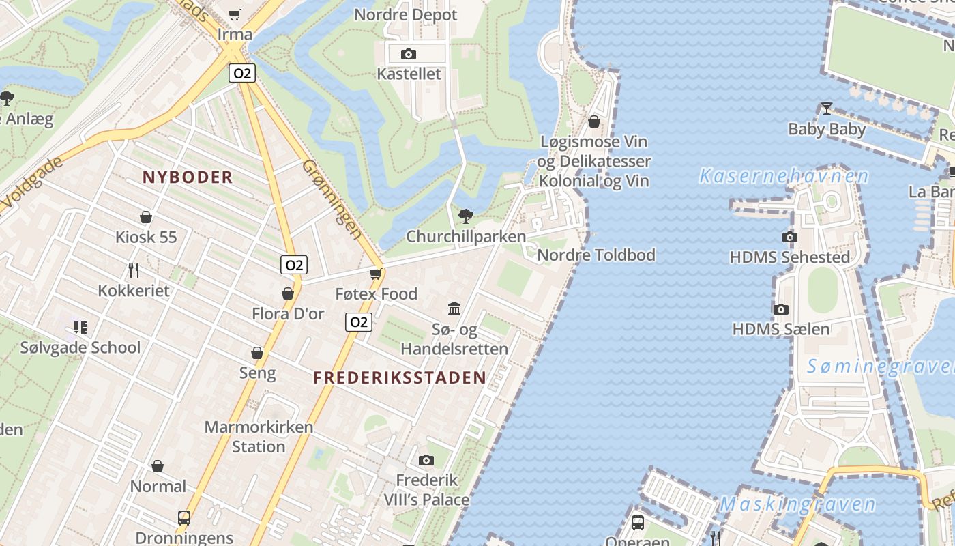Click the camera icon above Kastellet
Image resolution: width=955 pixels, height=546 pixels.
click(x=409, y=54)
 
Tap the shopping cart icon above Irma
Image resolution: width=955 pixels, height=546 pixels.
click(x=235, y=14)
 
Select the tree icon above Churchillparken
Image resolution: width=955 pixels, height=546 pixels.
click(x=466, y=216)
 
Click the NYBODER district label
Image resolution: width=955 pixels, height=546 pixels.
click(x=188, y=177)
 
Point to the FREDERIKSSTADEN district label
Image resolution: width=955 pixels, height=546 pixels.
click(x=400, y=377)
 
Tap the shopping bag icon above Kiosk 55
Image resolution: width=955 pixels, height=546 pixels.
click(x=146, y=218)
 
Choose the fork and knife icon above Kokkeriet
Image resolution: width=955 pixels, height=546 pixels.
click(x=134, y=270)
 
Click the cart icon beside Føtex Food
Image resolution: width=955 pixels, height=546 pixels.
click(x=375, y=274)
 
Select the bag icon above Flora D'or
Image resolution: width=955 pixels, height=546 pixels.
click(x=288, y=293)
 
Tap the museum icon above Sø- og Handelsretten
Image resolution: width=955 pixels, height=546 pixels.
click(x=454, y=309)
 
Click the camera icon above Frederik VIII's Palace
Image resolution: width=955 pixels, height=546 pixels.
click(x=426, y=460)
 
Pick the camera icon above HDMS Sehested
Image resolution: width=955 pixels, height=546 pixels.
click(x=789, y=237)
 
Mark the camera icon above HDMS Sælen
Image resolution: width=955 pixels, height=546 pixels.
click(x=781, y=309)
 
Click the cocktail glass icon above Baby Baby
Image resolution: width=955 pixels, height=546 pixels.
click(x=827, y=109)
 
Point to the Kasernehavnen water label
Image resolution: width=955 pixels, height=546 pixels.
click(x=784, y=176)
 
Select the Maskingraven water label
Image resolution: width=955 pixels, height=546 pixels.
click(x=797, y=504)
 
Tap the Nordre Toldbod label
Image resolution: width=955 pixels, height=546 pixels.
click(x=596, y=255)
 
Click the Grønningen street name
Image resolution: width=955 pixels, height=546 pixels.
click(x=332, y=199)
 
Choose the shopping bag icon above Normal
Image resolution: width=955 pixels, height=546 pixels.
click(x=158, y=467)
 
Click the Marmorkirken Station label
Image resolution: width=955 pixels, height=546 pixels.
click(x=259, y=437)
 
